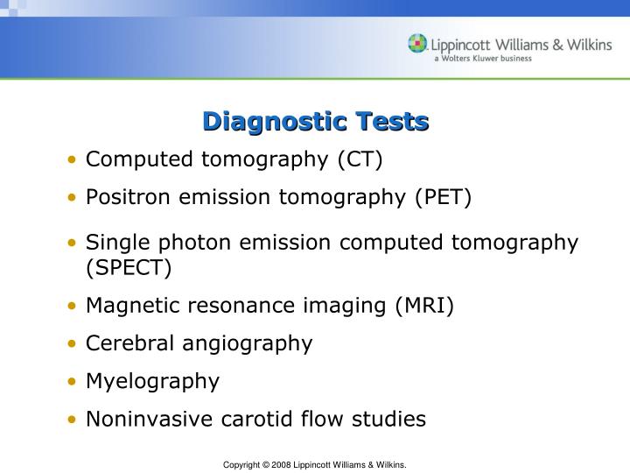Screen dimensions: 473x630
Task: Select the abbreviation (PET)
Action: (444, 198)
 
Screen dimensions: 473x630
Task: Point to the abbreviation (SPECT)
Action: (129, 267)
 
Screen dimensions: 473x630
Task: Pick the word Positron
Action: (129, 198)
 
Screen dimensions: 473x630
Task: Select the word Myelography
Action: (153, 382)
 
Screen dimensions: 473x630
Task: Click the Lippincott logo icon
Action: (418, 44)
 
